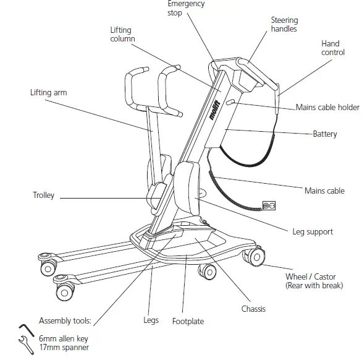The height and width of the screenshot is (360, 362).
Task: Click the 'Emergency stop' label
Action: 186,8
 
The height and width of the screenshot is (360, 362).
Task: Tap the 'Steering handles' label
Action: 284,25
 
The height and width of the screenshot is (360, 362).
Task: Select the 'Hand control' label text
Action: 333,48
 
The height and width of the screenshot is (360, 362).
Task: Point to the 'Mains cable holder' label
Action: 327,108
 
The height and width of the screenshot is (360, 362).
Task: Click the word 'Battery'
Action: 324,134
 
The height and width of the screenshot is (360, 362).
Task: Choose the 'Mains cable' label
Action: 324,191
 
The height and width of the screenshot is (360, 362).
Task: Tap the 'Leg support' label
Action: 312,232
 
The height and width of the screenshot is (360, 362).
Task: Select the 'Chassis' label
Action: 253,308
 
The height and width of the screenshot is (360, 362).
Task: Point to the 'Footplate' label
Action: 188,321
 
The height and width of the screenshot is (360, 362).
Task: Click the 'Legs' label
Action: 151,320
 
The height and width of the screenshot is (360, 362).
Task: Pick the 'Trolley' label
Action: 43,195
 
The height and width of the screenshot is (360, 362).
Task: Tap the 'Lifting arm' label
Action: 48,93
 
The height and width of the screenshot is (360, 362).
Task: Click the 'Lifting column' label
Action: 120,34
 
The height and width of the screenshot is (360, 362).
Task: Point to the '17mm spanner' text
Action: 64,348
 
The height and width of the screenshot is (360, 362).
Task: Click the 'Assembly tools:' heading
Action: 65,321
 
